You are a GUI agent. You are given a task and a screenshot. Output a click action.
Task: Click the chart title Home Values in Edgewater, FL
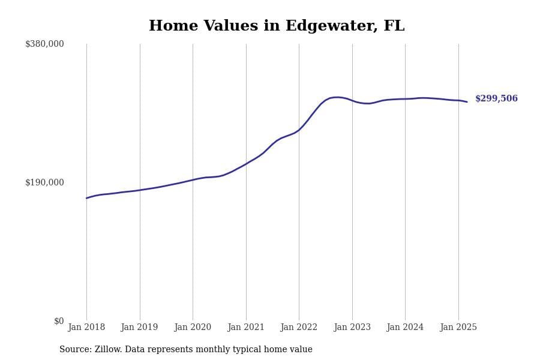tap(277, 26)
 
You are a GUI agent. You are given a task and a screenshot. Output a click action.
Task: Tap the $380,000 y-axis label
tap(44, 44)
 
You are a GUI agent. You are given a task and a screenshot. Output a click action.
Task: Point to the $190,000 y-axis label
tap(44, 182)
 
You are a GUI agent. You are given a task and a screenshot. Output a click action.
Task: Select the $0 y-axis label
tap(59, 321)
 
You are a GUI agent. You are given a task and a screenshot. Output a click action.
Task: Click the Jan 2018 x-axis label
tap(86, 328)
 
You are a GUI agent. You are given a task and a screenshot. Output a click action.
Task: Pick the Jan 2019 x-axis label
tap(139, 328)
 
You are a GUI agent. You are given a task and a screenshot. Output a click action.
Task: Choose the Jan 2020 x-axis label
tap(193, 328)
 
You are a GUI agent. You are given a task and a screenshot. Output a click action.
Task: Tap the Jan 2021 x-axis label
tap(245, 328)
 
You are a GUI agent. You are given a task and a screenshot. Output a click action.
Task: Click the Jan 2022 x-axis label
tap(299, 328)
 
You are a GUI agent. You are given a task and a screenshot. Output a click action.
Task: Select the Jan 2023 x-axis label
tap(352, 328)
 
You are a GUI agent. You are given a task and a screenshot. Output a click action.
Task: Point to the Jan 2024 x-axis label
tap(405, 328)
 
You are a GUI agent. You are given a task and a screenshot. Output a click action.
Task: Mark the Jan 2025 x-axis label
tap(458, 328)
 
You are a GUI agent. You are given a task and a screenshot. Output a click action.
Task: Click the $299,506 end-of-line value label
tap(496, 99)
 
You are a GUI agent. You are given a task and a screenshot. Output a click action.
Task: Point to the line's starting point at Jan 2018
tap(86, 198)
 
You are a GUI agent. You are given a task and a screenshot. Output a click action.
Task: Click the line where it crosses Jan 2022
tap(299, 130)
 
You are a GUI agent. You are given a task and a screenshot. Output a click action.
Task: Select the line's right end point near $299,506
tap(467, 102)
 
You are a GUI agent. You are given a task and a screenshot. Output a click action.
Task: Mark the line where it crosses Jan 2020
tap(193, 179)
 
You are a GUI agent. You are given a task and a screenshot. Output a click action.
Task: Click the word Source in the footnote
tap(74, 350)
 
